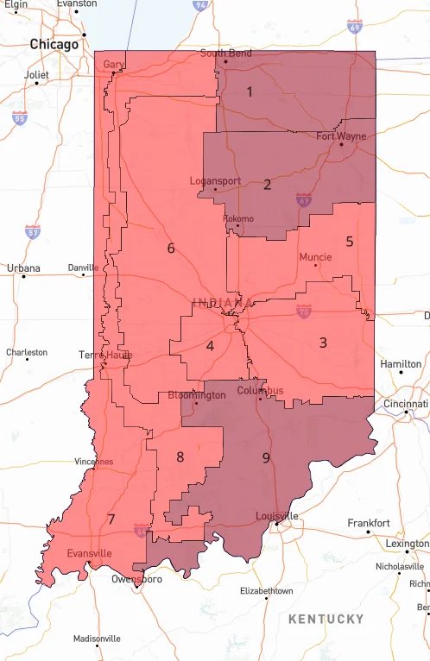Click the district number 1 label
tap(250, 91)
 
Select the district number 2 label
tap(267, 184)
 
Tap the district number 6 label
tap(171, 249)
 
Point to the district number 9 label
tap(266, 457)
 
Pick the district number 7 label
tap(111, 519)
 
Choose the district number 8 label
tap(180, 456)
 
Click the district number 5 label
tap(350, 242)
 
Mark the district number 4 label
tap(210, 347)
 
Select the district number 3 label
tap(323, 343)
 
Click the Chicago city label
tap(54, 43)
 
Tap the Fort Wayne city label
tap(340, 136)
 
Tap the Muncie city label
tap(315, 257)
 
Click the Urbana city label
tap(23, 268)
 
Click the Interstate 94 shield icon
tap(200, 5)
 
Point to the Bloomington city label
tap(196, 394)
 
